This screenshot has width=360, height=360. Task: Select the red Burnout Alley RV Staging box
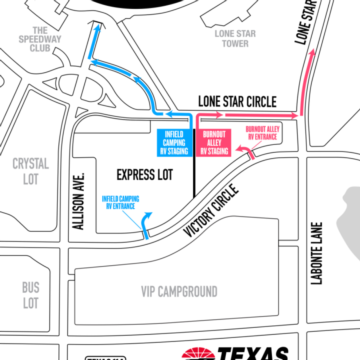coord(215,141)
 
